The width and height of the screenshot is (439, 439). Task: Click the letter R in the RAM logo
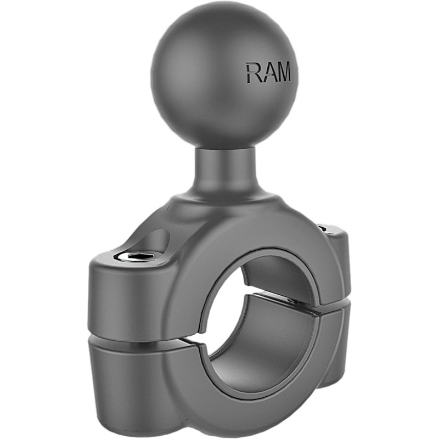[252, 73]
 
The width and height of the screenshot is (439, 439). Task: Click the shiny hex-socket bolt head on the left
[135, 256]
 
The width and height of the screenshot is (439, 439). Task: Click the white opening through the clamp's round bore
[226, 286]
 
